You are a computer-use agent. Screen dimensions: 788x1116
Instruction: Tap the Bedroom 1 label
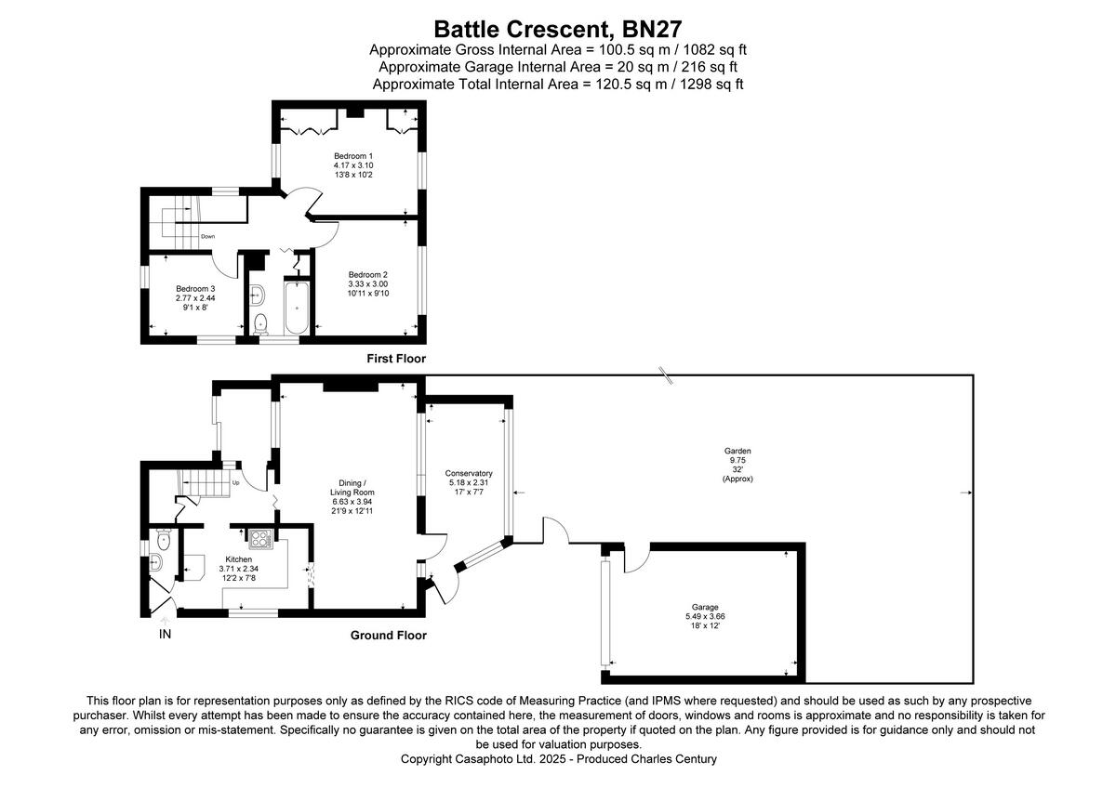click(x=353, y=155)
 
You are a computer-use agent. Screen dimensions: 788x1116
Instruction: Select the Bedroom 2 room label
click(x=367, y=274)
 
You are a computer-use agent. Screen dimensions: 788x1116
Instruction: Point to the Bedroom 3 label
click(x=195, y=288)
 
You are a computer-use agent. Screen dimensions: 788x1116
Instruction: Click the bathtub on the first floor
click(x=298, y=307)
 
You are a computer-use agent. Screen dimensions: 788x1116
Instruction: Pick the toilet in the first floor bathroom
click(x=260, y=323)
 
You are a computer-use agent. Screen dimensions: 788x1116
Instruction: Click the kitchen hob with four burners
click(x=258, y=538)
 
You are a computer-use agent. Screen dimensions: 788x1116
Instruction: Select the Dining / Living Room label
click(x=352, y=487)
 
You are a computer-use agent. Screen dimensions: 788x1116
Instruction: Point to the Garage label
click(x=704, y=607)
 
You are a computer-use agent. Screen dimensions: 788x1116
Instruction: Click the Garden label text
click(x=739, y=451)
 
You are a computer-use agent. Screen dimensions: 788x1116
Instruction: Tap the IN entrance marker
click(x=165, y=635)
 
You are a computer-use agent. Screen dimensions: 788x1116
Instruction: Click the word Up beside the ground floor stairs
click(x=235, y=483)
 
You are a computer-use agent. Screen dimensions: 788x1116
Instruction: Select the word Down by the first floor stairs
click(x=207, y=236)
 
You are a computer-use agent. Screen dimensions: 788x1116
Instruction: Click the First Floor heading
click(x=395, y=358)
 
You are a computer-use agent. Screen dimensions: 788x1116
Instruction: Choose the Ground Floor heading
click(x=388, y=636)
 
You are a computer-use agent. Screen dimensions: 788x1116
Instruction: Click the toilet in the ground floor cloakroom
click(x=164, y=537)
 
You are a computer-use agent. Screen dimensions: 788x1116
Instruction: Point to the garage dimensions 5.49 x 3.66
click(x=704, y=616)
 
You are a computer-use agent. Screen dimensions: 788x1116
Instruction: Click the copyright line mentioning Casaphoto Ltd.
click(x=558, y=759)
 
